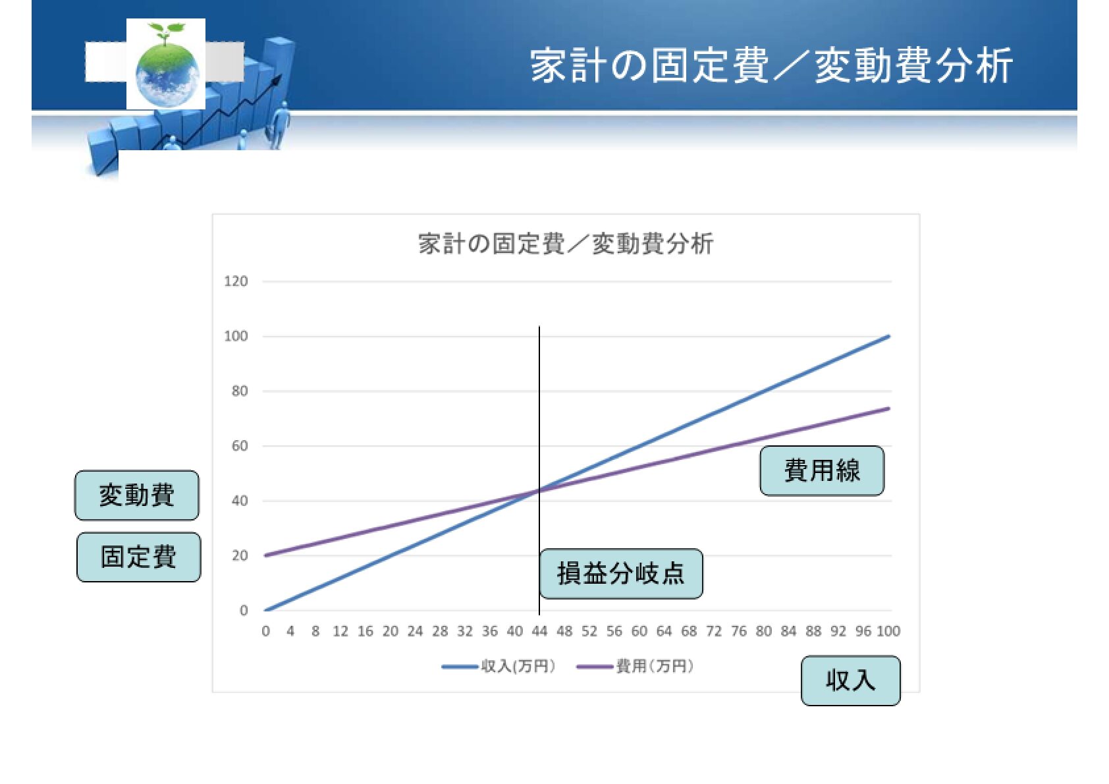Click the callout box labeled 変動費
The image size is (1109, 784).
(136, 495)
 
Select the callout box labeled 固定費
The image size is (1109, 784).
(138, 557)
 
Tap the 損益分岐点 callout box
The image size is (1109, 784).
(621, 574)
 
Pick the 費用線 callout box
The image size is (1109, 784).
(822, 470)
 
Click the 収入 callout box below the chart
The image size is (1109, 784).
(851, 681)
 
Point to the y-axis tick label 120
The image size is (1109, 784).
(236, 281)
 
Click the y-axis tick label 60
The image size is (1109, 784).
(240, 446)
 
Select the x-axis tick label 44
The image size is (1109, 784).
(539, 631)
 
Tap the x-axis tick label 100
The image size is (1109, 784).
(888, 631)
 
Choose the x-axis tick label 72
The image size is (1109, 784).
(713, 631)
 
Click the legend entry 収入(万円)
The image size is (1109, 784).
(499, 667)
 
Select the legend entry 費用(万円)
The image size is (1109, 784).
(636, 667)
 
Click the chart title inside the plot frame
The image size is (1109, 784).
(566, 244)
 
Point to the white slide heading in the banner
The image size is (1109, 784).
(771, 66)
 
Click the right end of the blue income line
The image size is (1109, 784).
(889, 336)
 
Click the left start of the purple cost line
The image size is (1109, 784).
(266, 555)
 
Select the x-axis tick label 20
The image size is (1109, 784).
(390, 631)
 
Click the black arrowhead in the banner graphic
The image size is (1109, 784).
(278, 80)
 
